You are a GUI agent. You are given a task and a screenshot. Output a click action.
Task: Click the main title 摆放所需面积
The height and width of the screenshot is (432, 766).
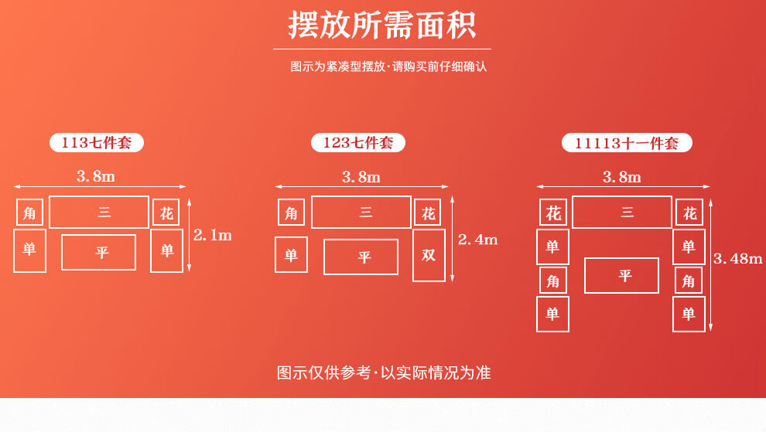(x=382, y=26)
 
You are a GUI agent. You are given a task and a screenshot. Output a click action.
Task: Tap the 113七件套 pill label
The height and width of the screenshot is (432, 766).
(x=97, y=143)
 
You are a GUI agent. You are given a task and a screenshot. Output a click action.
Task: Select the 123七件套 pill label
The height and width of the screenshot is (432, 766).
(x=358, y=143)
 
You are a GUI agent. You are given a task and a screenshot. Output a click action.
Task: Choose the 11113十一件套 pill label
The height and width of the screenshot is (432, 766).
(x=627, y=144)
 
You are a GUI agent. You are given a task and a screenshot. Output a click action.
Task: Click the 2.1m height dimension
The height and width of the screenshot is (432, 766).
(x=213, y=236)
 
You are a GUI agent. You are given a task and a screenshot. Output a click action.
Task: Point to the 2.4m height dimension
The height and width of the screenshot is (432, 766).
(x=477, y=240)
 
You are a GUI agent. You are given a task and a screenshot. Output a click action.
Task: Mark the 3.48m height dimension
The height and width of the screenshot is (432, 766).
(x=737, y=259)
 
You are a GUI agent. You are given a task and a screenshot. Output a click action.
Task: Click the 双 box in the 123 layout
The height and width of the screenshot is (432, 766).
(x=429, y=255)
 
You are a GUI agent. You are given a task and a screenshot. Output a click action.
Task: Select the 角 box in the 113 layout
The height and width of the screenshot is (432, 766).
(x=29, y=213)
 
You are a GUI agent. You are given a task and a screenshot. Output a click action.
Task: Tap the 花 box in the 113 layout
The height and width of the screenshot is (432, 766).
(x=166, y=213)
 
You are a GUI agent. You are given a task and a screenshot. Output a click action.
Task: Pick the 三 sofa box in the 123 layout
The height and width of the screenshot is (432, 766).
(x=361, y=213)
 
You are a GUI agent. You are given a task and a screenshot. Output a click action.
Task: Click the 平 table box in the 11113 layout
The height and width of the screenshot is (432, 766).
(x=621, y=276)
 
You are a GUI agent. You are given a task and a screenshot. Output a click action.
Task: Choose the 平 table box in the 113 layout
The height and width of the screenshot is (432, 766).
(x=98, y=253)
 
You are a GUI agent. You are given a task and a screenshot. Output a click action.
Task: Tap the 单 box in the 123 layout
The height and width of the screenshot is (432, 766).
(x=291, y=255)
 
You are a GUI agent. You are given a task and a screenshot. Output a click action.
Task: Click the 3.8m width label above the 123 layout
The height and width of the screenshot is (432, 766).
(x=361, y=177)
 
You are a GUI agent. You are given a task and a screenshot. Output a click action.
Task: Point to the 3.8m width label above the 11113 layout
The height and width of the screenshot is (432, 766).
(x=622, y=177)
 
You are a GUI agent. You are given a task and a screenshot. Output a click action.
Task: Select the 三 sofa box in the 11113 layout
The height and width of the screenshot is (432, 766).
(x=622, y=213)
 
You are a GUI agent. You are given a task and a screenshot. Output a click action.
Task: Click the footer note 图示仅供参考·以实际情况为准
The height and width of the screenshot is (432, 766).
(x=384, y=372)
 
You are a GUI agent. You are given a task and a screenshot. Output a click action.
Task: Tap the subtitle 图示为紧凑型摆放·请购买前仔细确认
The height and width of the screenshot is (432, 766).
(x=388, y=66)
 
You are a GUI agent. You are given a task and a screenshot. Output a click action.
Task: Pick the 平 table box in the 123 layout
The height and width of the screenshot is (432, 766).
(x=361, y=257)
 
